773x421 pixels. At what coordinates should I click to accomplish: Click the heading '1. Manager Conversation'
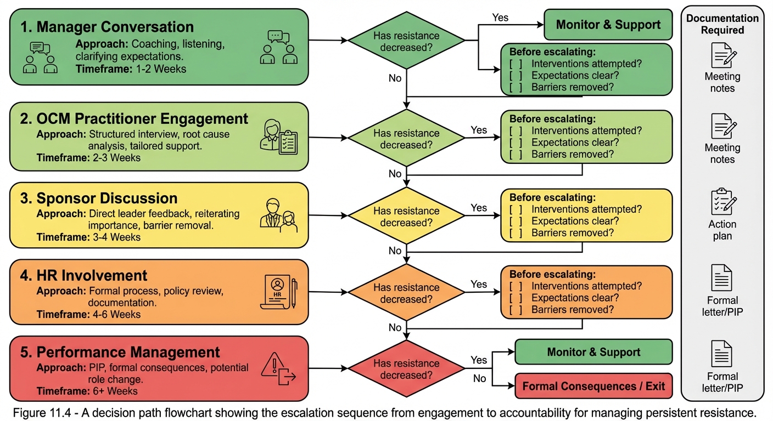(x=107, y=27)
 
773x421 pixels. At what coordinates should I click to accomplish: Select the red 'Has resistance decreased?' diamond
(x=406, y=369)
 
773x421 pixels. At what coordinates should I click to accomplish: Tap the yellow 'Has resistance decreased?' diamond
(x=406, y=217)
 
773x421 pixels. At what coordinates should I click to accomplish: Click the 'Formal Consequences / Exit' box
(x=593, y=386)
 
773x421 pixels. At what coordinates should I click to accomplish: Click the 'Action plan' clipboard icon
(x=722, y=201)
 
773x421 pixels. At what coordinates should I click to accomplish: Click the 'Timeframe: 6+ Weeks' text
(x=87, y=391)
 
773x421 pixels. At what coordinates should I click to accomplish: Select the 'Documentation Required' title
(x=722, y=24)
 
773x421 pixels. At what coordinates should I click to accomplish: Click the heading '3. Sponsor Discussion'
(x=99, y=198)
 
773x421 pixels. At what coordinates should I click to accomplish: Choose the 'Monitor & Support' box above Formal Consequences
(x=593, y=352)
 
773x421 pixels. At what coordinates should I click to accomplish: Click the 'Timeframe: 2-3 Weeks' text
(x=88, y=158)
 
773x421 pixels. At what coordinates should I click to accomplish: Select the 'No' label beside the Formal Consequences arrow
(x=479, y=378)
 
